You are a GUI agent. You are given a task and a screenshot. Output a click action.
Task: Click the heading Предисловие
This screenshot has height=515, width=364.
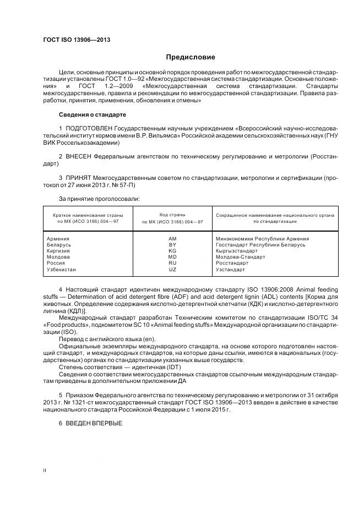[191, 57]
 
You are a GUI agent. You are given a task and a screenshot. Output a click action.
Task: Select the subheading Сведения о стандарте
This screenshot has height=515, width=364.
[93, 114]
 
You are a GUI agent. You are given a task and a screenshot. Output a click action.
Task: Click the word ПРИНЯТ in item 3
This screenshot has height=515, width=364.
[78, 178]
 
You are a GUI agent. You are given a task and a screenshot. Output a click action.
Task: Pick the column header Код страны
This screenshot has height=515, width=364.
[172, 215]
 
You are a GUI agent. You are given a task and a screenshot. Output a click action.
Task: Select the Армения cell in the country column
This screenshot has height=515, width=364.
[58, 239]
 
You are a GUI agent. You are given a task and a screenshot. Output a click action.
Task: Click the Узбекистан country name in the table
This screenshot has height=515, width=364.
[61, 270]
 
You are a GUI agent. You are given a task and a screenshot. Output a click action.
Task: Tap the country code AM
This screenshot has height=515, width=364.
[172, 239]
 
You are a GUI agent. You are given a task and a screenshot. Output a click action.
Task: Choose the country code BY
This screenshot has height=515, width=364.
[172, 245]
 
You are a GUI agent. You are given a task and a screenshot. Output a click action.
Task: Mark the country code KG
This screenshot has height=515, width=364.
[172, 251]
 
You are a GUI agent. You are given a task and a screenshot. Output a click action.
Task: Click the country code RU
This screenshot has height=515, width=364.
[172, 264]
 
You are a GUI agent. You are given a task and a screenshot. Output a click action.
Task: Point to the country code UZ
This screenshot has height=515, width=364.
[172, 270]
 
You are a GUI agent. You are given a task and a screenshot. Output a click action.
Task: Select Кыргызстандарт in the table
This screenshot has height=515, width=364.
[237, 251]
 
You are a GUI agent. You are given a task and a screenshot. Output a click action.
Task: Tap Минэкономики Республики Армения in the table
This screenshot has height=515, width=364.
[262, 239]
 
